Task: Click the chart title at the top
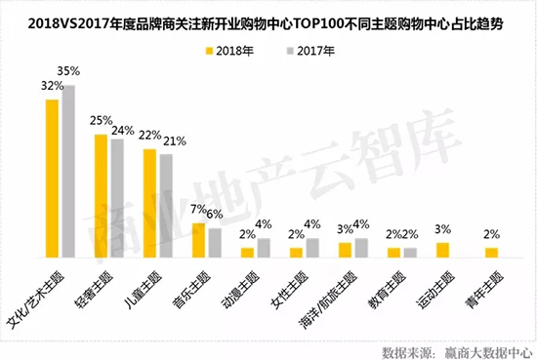click(268, 17)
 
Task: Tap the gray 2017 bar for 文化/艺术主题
click(68, 171)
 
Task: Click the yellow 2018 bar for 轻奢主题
click(101, 196)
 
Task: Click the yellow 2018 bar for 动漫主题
click(247, 252)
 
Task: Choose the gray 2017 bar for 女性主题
click(312, 247)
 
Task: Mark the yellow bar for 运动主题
click(442, 250)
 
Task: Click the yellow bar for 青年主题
click(491, 252)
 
